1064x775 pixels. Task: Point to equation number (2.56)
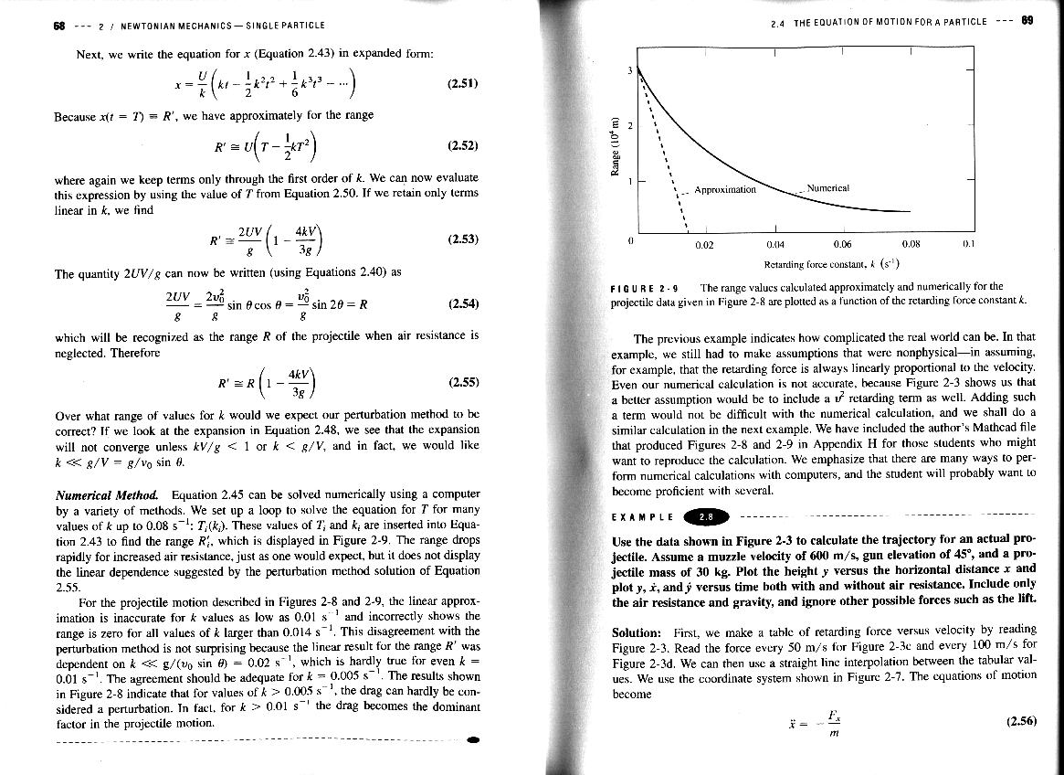click(x=1019, y=721)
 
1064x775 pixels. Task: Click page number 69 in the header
click(x=1027, y=21)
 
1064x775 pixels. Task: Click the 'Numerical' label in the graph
click(x=829, y=188)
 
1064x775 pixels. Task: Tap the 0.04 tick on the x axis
click(x=774, y=245)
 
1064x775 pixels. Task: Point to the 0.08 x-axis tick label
click(x=910, y=245)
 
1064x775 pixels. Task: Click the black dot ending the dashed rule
click(x=471, y=738)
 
